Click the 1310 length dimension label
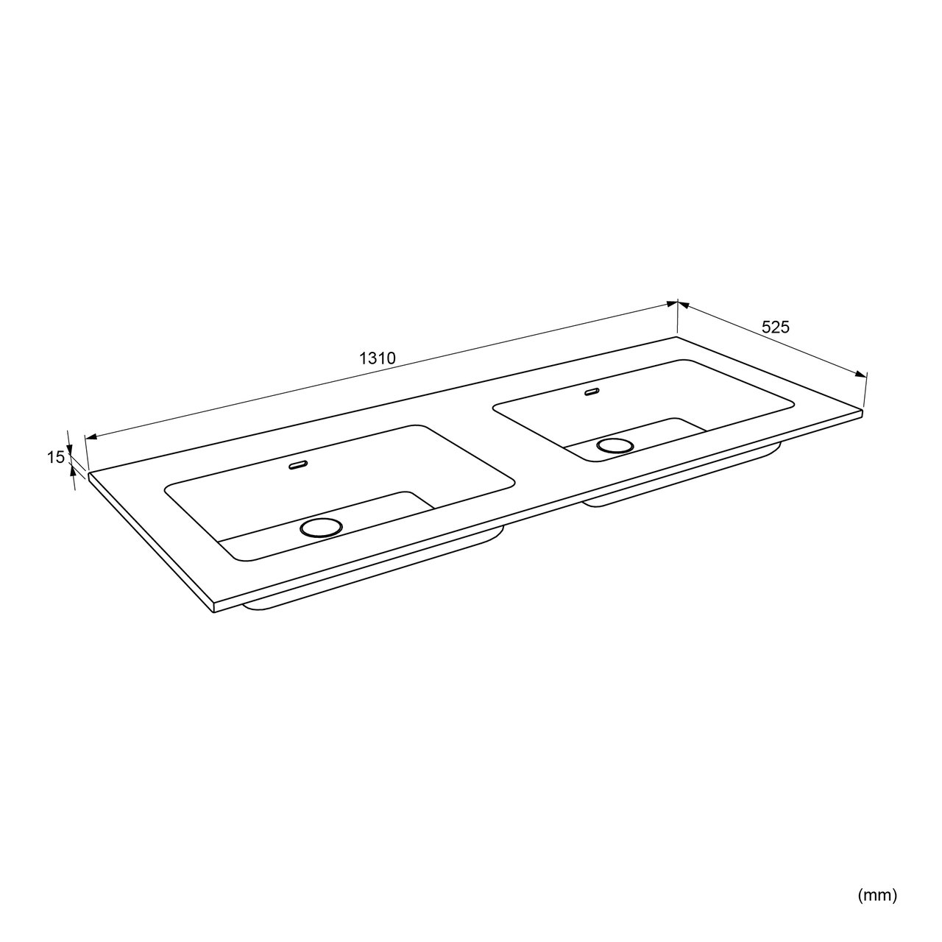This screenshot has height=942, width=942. click(377, 358)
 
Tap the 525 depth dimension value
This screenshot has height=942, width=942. click(776, 327)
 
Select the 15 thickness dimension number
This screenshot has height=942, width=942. click(55, 458)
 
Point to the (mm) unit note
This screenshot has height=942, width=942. click(877, 868)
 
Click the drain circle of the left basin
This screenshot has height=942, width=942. click(321, 528)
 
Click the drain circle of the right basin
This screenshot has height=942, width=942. click(615, 445)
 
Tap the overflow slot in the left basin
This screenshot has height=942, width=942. click(298, 464)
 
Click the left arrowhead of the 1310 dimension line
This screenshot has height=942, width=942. click(91, 436)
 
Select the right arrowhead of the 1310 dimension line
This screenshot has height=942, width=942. click(672, 304)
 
